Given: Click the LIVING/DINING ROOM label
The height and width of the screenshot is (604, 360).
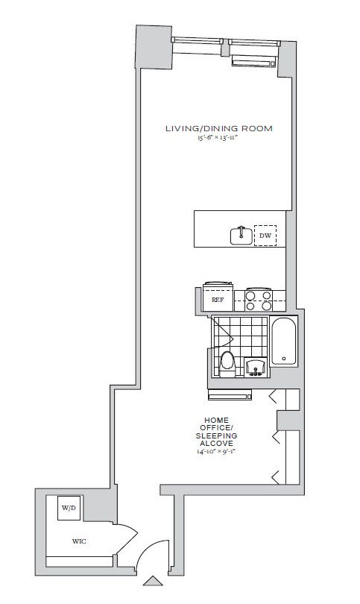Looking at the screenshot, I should [x=218, y=128].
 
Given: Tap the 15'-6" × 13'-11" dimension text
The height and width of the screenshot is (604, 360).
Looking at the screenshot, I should [x=218, y=139].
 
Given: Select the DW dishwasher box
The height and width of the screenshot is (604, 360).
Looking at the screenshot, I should [x=265, y=236].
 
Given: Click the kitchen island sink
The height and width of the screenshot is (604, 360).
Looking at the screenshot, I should [x=241, y=236].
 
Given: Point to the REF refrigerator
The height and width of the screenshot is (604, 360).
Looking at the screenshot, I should [x=218, y=300].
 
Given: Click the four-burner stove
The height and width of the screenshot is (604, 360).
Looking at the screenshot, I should [x=258, y=300].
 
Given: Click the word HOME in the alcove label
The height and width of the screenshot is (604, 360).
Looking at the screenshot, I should [x=215, y=419].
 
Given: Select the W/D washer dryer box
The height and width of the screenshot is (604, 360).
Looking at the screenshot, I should [x=69, y=508].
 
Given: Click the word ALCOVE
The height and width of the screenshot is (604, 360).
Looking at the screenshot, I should [x=215, y=444].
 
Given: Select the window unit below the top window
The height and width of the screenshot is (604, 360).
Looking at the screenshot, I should [x=253, y=60].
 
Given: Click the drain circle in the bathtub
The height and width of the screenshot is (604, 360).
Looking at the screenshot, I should [x=284, y=360].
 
